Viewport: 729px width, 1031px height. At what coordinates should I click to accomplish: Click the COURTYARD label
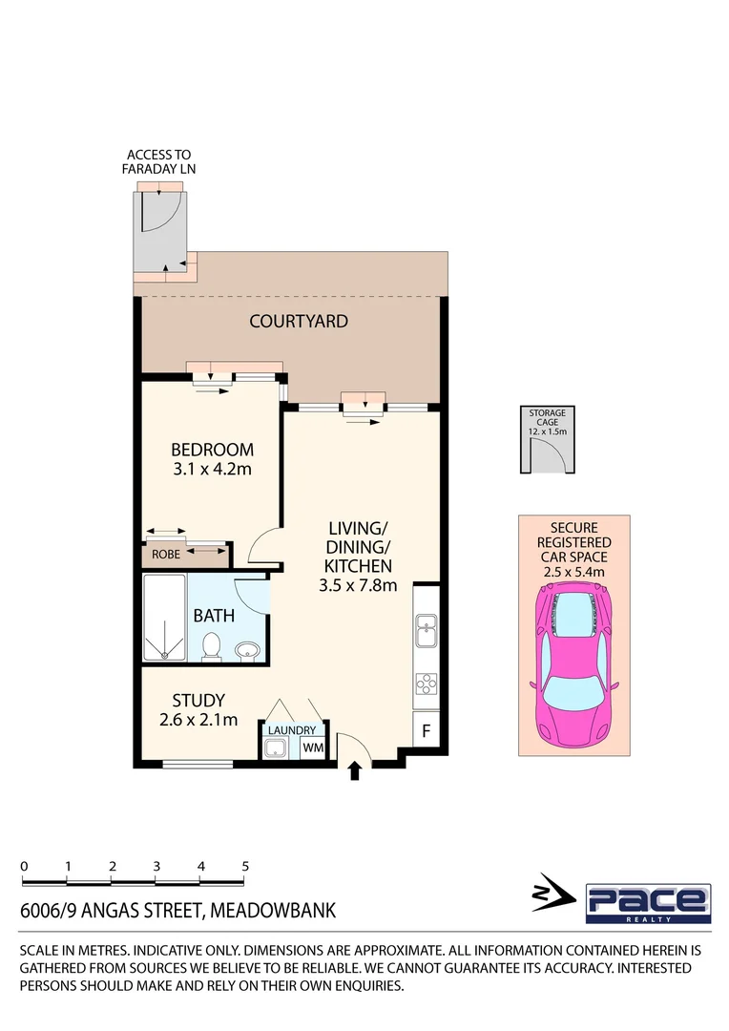[x=298, y=322]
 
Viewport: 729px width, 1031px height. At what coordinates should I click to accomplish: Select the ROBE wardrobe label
[x=166, y=554]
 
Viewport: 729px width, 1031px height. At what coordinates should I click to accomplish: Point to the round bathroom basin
[x=247, y=651]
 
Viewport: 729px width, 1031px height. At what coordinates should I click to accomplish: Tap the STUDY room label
[x=198, y=702]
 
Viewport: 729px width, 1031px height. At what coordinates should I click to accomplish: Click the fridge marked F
[x=426, y=732]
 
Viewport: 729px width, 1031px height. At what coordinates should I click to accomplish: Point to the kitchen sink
[x=426, y=629]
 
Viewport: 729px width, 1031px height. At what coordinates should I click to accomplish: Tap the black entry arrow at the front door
[x=356, y=770]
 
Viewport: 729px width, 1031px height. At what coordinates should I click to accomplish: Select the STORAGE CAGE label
[x=548, y=418]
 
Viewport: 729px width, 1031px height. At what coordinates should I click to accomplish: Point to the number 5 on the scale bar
[x=245, y=866]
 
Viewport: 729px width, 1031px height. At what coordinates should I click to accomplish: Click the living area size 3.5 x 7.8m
[x=358, y=585]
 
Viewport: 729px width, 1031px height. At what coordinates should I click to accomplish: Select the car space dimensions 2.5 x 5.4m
[x=574, y=570]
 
